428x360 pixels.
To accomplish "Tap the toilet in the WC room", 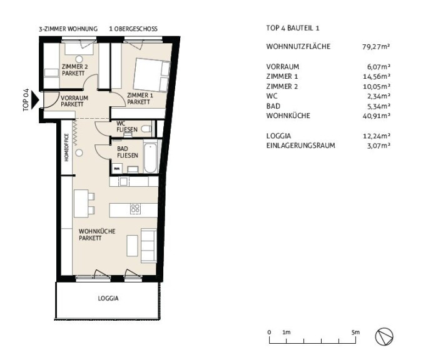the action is coord(146,129).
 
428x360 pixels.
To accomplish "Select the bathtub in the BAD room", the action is coord(150,158).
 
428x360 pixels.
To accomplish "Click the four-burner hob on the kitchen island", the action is coord(135,209).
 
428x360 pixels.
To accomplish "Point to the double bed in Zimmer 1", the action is coord(152,75).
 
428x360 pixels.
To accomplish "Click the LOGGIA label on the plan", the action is coord(108,298).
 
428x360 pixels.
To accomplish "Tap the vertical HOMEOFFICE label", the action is coord(66,147).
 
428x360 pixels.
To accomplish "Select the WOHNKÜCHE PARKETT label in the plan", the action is coord(97,234).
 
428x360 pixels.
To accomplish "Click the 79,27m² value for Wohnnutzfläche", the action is coord(376,47).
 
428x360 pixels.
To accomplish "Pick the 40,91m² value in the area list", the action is coord(376,116).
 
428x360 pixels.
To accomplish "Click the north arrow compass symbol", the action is coord(384,336).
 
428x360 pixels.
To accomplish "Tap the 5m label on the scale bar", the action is coord(355,332).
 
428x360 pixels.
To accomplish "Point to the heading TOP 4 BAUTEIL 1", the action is coord(293,28).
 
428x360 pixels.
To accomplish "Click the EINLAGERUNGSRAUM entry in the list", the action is coord(300,146).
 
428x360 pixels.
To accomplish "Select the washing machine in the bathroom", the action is coord(117,169).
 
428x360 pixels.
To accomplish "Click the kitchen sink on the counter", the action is coord(123,182).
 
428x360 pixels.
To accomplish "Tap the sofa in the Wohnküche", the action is coord(149,246).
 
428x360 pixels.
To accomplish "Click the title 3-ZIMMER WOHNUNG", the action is coord(68,29).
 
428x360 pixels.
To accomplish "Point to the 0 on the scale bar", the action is coord(269,332).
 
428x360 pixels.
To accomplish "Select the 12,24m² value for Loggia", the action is coord(376,136).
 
